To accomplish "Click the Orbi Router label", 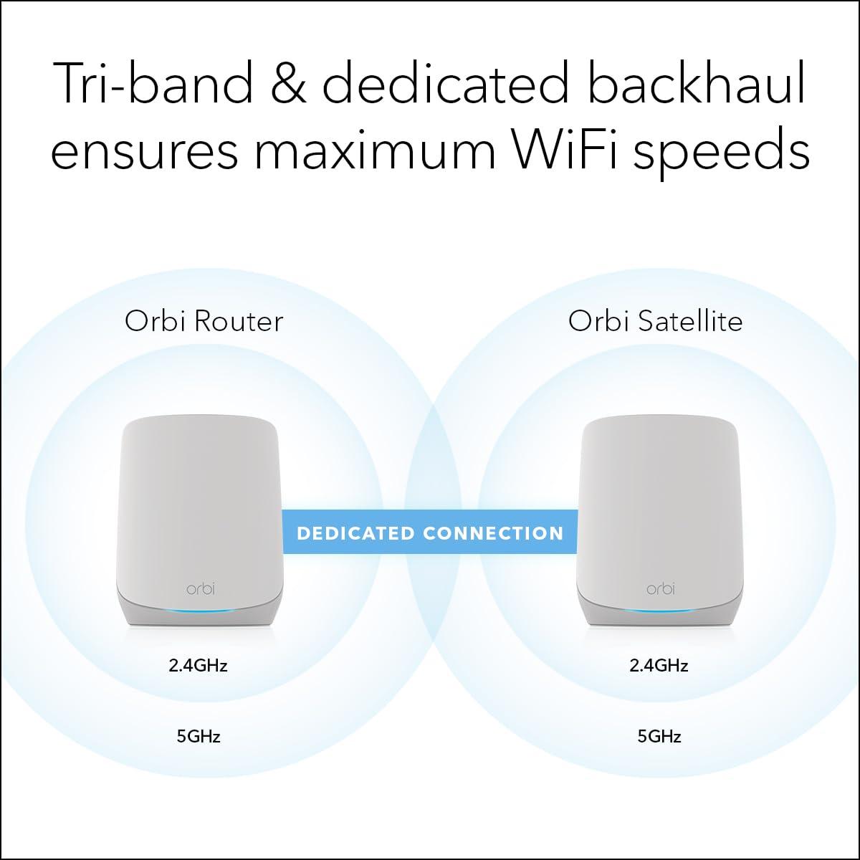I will tap(204, 321).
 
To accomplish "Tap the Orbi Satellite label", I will tap(655, 321).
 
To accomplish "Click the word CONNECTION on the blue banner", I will tap(493, 533).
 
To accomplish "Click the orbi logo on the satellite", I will tap(660, 589).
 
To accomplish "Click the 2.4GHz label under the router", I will tap(198, 666).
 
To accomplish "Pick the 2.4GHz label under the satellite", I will tap(659, 666).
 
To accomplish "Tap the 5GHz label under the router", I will tap(199, 736).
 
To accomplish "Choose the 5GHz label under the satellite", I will tap(659, 736).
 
